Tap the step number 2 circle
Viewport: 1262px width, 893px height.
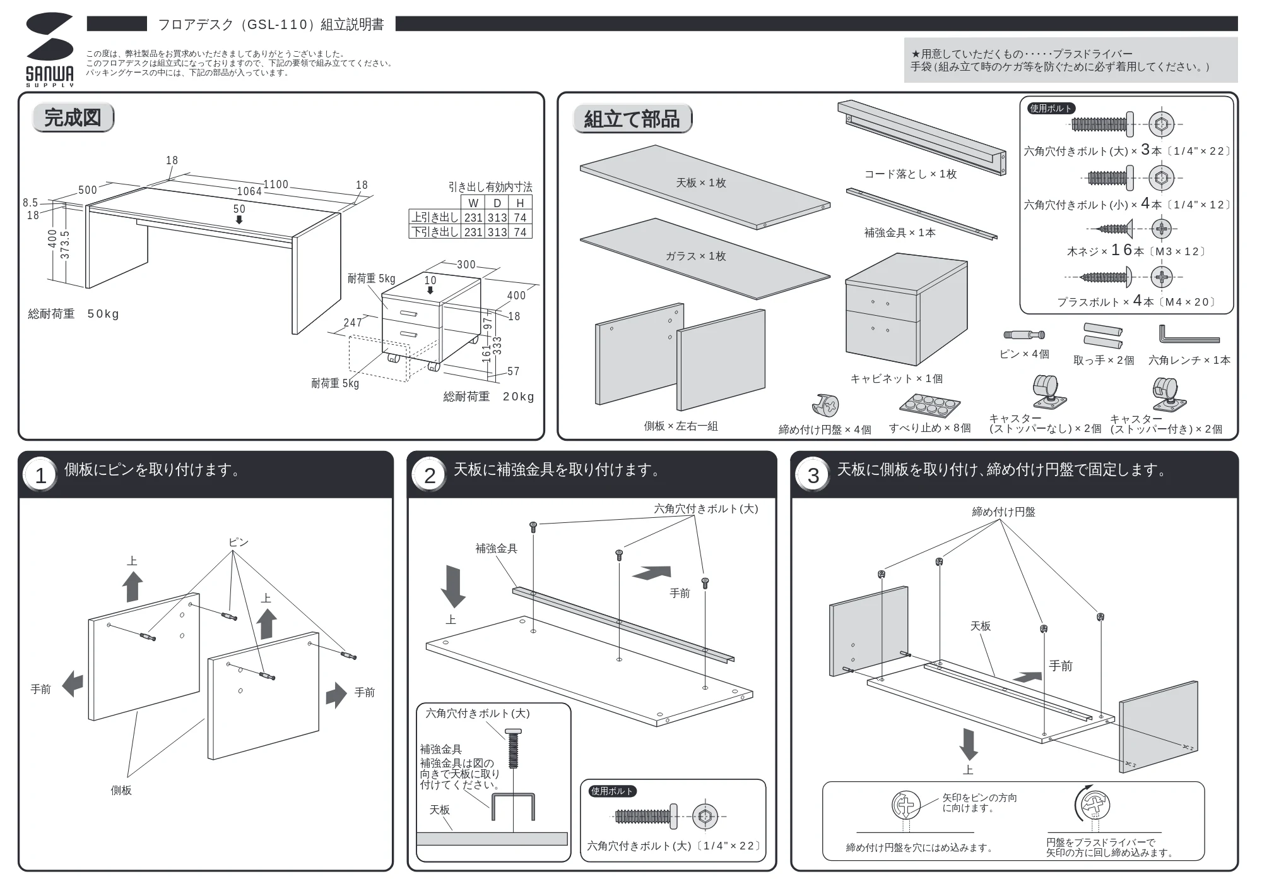pos(430,476)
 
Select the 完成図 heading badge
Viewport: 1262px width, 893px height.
pos(73,117)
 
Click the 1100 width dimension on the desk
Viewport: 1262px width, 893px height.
pos(276,184)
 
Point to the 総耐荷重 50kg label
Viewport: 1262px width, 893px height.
pos(73,314)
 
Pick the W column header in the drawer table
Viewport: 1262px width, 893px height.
pos(473,203)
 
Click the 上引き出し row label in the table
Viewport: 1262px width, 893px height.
pos(435,217)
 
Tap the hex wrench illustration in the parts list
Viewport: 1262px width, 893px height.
pos(1188,335)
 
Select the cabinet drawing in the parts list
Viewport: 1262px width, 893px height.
pos(906,309)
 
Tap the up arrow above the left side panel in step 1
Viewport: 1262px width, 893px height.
pos(133,586)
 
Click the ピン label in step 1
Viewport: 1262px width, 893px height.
pos(239,542)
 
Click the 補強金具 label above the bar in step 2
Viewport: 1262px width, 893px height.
pos(496,549)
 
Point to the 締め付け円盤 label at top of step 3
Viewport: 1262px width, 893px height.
pos(1003,512)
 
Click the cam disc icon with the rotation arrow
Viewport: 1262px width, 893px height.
pos(1093,805)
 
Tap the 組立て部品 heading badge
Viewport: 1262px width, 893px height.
pos(632,119)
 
